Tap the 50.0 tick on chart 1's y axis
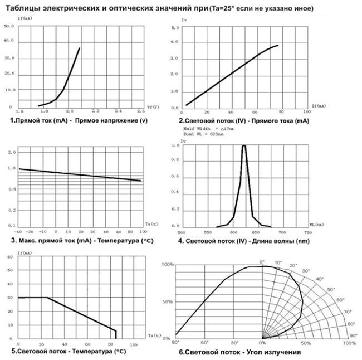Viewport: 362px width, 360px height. click(x=9, y=26)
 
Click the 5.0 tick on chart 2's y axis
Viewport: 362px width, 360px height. click(x=175, y=27)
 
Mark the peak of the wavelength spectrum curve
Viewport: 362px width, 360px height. click(x=244, y=146)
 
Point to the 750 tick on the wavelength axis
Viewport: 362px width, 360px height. click(x=307, y=232)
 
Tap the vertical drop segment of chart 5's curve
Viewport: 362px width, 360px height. click(x=116, y=333)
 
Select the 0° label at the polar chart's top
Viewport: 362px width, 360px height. click(x=262, y=261)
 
